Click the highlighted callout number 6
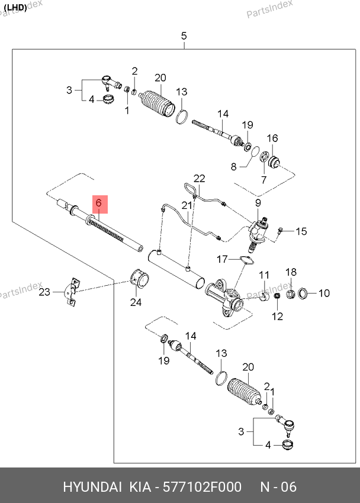[x=99, y=204]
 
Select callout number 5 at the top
[x=184, y=36]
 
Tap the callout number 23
[x=44, y=292]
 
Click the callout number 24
[x=136, y=303]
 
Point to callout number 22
[x=199, y=178]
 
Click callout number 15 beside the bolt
[x=301, y=231]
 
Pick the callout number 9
[x=258, y=204]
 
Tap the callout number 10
[x=324, y=292]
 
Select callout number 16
[x=272, y=138]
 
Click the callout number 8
[x=233, y=167]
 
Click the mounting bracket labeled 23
[x=71, y=291]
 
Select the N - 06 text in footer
[x=278, y=487]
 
